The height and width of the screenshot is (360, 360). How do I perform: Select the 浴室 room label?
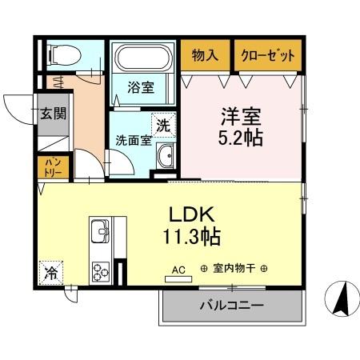click(142, 87)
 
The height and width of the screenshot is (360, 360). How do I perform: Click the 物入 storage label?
click(205, 56)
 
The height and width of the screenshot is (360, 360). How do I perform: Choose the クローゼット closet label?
click(268, 56)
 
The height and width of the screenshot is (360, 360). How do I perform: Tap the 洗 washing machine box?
click(163, 125)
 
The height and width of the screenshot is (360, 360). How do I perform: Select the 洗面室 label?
click(134, 139)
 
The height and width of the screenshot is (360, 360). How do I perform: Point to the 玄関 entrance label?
click(54, 113)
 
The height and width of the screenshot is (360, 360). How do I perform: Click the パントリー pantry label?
click(54, 166)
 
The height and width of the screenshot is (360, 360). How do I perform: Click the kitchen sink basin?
click(102, 233)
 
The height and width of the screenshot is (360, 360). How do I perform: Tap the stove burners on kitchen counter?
click(102, 270)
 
